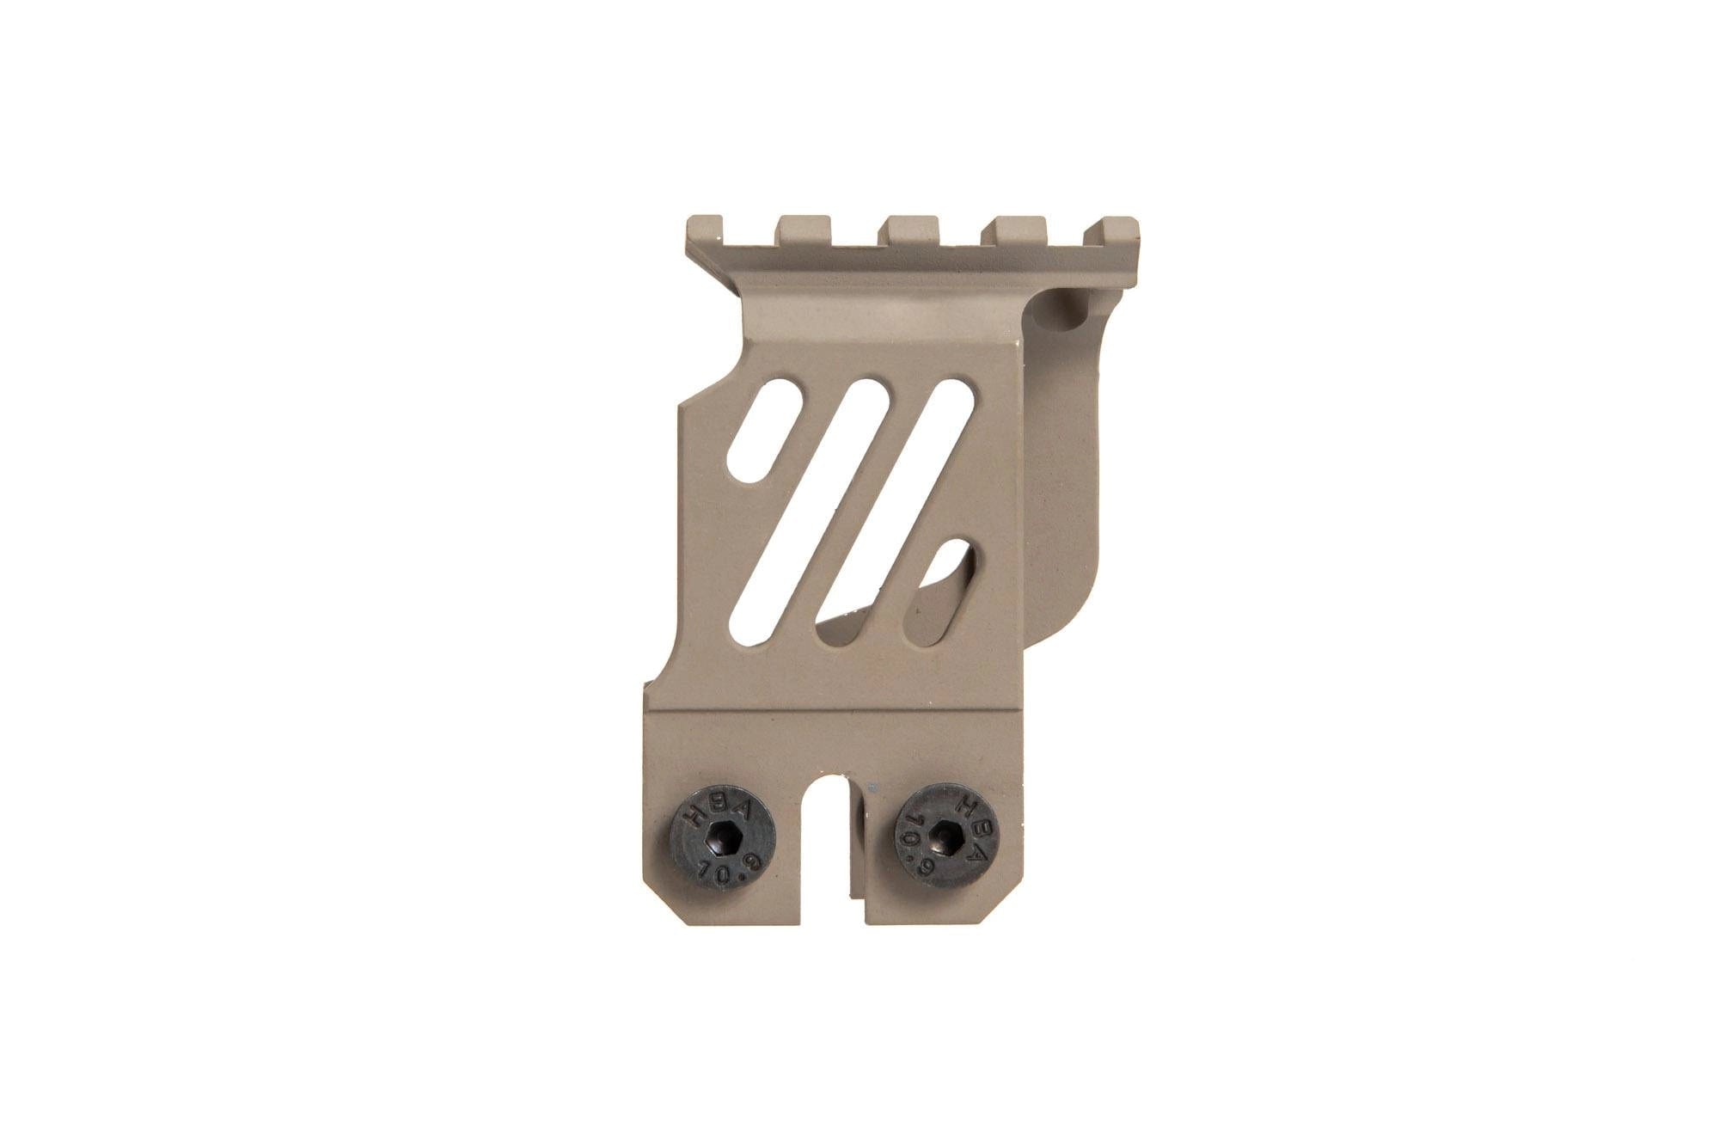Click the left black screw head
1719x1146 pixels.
coord(722,839)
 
